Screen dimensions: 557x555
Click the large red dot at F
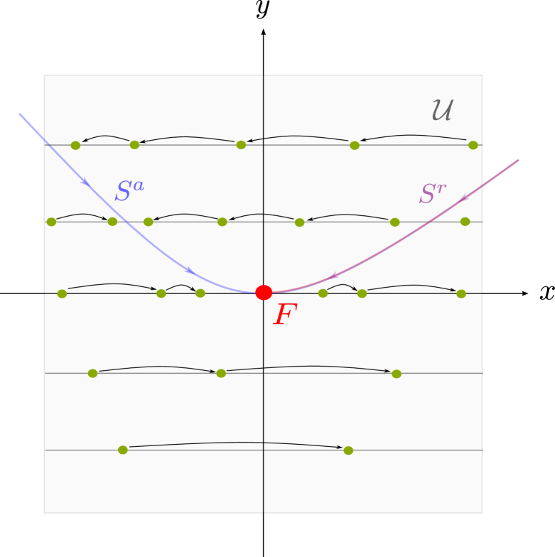(x=264, y=293)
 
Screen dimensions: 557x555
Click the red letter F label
(x=284, y=315)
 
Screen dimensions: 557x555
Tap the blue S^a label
(x=129, y=191)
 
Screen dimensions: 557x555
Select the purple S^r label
(x=432, y=194)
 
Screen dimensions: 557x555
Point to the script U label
(x=442, y=111)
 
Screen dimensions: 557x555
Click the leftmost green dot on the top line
(x=75, y=145)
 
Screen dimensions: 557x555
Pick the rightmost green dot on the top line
(x=473, y=145)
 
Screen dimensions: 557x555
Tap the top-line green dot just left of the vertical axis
(x=241, y=145)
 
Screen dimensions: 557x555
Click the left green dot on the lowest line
(x=123, y=450)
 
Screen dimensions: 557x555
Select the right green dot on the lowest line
(x=348, y=450)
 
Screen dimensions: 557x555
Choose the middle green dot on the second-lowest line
(x=221, y=373)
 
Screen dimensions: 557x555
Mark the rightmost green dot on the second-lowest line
(x=397, y=374)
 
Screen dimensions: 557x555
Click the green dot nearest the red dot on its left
(x=200, y=293)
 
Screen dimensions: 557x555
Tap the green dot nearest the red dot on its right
(x=323, y=293)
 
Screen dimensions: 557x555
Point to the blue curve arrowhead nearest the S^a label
(x=85, y=182)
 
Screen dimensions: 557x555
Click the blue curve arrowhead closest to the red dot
(x=190, y=271)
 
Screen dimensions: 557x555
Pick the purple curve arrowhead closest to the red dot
(x=333, y=276)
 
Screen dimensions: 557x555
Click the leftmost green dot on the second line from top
(x=51, y=222)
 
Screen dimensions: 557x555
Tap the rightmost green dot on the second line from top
(x=465, y=222)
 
